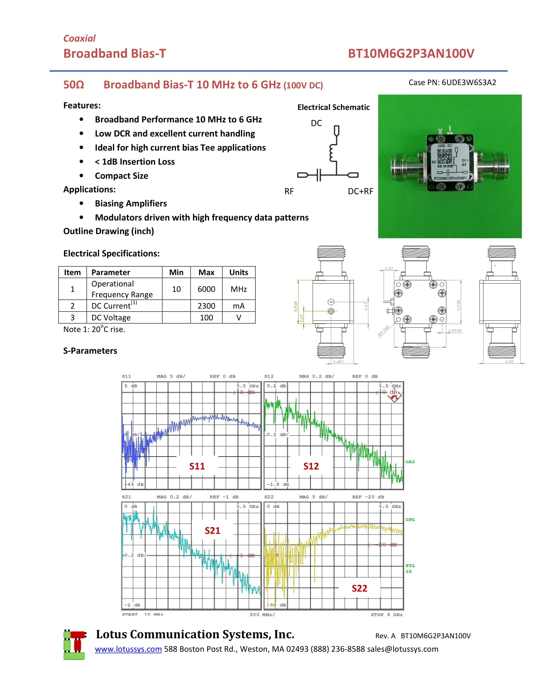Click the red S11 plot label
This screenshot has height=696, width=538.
(x=197, y=466)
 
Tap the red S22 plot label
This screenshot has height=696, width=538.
(x=359, y=588)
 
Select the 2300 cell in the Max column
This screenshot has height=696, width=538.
(x=206, y=306)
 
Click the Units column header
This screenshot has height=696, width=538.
(x=238, y=272)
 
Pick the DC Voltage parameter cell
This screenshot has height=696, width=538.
(x=111, y=318)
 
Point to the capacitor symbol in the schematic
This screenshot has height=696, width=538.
(x=319, y=175)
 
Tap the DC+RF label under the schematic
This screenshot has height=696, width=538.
(x=360, y=191)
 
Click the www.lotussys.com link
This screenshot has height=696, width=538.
(x=128, y=649)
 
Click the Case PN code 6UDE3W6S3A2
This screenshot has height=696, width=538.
(x=468, y=83)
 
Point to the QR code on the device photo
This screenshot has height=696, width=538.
(x=444, y=157)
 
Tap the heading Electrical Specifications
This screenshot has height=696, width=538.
(x=111, y=253)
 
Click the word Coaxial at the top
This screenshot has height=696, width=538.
(x=79, y=39)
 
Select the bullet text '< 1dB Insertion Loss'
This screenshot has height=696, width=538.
(x=135, y=162)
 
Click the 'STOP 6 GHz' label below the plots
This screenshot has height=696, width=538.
(x=387, y=614)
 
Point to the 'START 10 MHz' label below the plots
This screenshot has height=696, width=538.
(x=142, y=614)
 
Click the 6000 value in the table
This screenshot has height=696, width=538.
(x=206, y=289)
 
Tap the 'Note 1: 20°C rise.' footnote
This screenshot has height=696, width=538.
(x=94, y=329)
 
